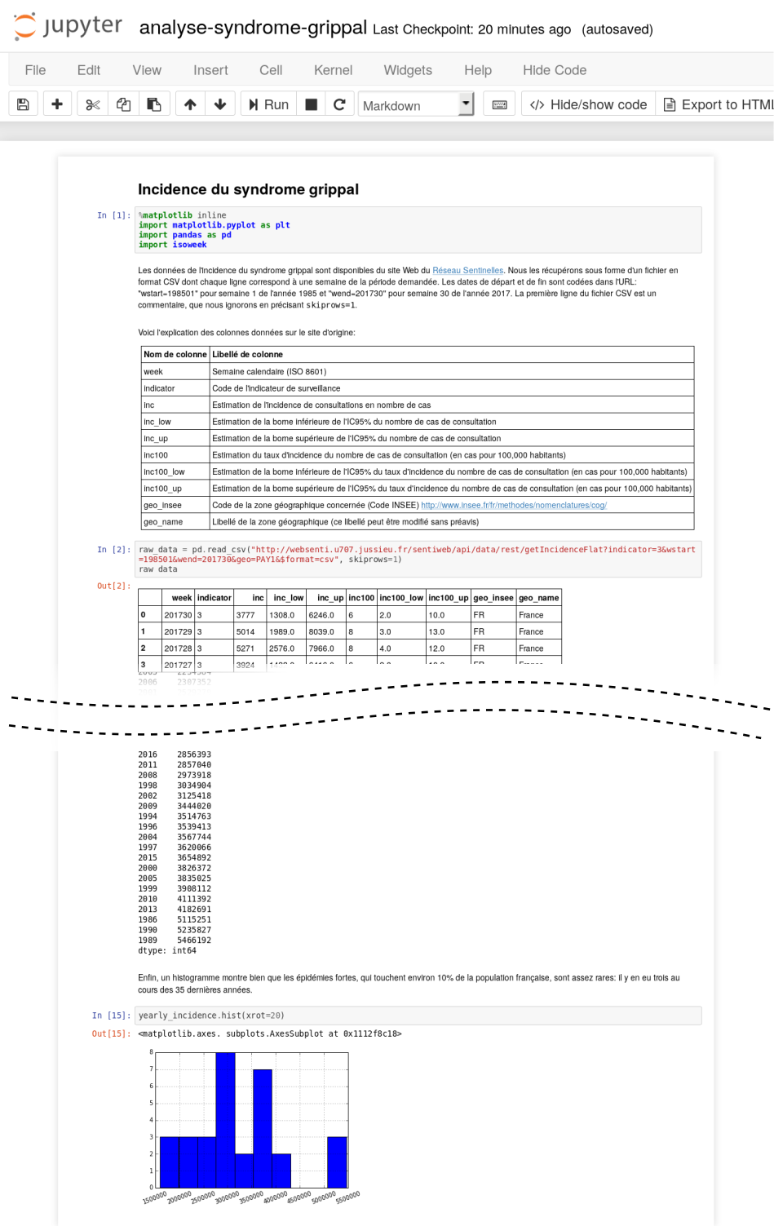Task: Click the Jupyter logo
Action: pos(67,26)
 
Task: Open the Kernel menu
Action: pos(333,70)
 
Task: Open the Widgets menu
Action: pos(408,70)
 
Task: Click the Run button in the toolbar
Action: pos(268,104)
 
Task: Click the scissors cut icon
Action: pos(92,104)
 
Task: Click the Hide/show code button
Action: pos(588,104)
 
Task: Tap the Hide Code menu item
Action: pos(554,70)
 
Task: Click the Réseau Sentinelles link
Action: pos(467,271)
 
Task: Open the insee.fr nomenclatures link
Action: pos(513,505)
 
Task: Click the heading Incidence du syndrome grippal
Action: pos(248,189)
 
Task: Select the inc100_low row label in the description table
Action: pos(164,471)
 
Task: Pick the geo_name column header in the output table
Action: pos(538,598)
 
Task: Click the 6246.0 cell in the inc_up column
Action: pos(321,615)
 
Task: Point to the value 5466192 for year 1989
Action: pos(194,941)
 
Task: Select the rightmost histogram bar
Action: pos(337,1162)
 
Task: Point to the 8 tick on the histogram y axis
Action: pos(151,1052)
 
